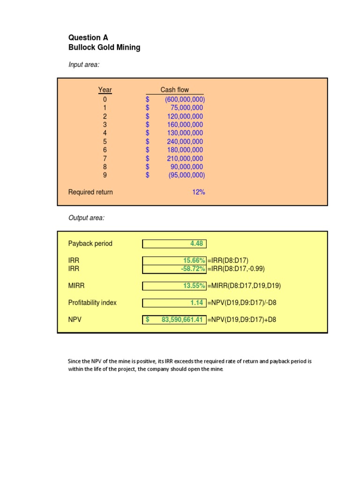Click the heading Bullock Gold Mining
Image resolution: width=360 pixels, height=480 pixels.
104,47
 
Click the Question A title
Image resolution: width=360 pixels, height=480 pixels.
84,37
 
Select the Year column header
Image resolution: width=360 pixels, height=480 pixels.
105,90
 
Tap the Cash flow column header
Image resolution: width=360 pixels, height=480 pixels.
175,90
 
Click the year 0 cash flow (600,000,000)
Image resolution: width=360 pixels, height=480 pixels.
185,99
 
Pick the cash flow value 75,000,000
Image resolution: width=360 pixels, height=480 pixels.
187,108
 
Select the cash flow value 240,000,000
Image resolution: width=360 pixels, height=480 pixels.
185,142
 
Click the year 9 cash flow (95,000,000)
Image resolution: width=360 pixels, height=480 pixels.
187,175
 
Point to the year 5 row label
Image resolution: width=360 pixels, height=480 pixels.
105,142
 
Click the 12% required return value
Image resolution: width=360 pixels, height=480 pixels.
198,192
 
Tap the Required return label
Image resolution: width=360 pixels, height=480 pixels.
90,192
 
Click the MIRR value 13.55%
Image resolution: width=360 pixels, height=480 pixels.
194,285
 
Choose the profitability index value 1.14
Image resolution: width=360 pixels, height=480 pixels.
196,303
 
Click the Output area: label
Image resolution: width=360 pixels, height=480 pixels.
87,218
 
